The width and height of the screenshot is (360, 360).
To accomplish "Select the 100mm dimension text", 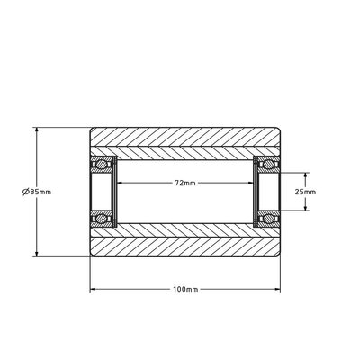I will point(184,289).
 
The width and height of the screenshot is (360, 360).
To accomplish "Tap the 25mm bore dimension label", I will point(305,191).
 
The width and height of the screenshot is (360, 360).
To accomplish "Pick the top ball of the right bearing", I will point(267,164).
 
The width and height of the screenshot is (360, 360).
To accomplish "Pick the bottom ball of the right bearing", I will point(267,218).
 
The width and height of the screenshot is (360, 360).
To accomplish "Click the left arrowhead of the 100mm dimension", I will point(94,289).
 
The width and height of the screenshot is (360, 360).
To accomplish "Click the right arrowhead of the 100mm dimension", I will point(275,289).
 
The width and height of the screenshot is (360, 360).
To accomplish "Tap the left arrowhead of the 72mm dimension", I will point(118,183).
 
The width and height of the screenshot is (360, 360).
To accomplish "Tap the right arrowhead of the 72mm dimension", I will point(251,183).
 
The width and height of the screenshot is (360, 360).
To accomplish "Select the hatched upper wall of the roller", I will point(184,141).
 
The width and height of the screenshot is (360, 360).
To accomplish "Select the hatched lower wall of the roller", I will point(184,240).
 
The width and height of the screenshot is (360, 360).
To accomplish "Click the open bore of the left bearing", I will point(101,191).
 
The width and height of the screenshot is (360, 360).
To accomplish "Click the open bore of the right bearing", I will point(267,191).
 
